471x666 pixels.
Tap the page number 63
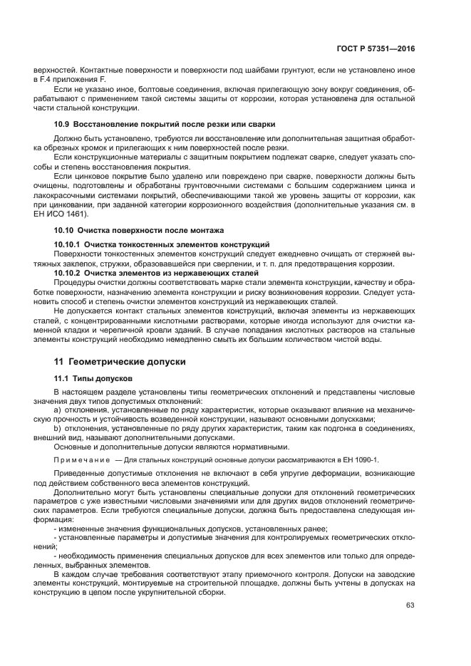[x=410, y=605]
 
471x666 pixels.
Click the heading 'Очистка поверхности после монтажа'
[x=150, y=230]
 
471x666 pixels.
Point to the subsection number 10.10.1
[x=68, y=244]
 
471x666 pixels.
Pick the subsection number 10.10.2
[x=68, y=272]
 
